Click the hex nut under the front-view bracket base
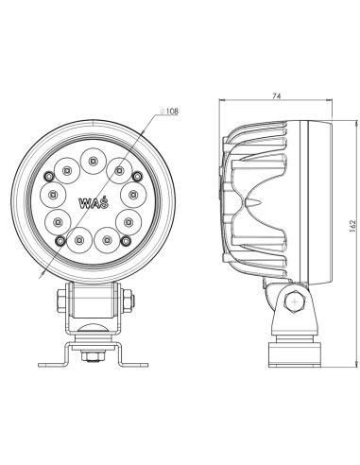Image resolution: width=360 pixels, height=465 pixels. pyautogui.click(x=92, y=357)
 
